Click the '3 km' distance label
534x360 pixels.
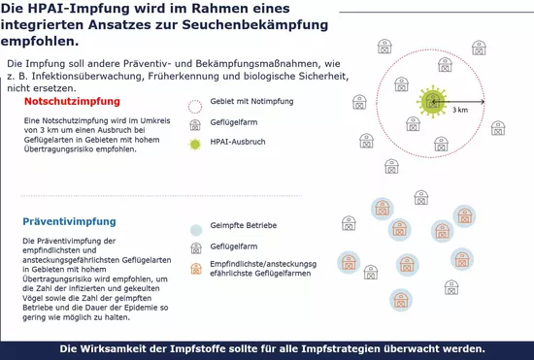pyautogui.click(x=461, y=112)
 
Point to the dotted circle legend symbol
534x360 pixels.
pyautogui.click(x=195, y=102)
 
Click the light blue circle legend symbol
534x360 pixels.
pyautogui.click(x=195, y=228)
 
